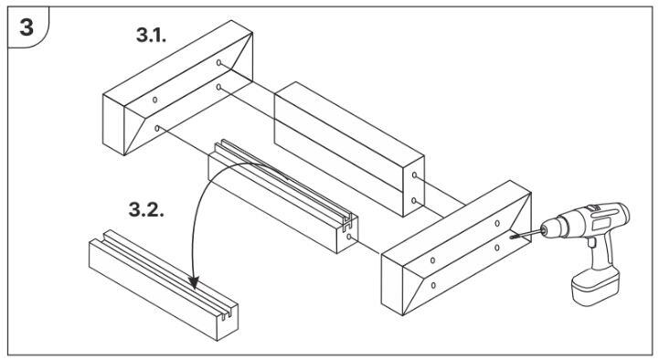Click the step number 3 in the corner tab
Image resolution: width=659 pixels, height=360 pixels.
coord(27,27)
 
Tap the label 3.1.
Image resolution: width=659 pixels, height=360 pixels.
coord(152,35)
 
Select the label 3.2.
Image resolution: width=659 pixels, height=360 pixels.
coord(146,209)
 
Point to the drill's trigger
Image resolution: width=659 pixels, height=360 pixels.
coord(592,243)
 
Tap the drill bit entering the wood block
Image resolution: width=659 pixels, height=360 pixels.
coord(526,234)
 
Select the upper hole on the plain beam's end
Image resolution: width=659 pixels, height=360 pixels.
coord(414,175)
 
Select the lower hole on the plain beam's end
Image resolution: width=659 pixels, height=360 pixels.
coord(414,201)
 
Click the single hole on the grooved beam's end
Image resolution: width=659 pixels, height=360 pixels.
coord(349,237)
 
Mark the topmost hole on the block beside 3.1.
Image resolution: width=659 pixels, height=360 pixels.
coord(218,63)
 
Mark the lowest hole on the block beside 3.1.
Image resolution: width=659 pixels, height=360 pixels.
coord(157,128)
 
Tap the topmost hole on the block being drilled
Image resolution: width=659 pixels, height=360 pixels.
coord(497,223)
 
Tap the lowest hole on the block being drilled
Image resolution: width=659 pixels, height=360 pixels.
coord(433,286)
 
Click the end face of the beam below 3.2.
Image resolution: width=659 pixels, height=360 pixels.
coord(227,322)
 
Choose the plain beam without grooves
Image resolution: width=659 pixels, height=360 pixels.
coord(349,148)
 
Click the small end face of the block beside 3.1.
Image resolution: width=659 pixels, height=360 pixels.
coord(113,125)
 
